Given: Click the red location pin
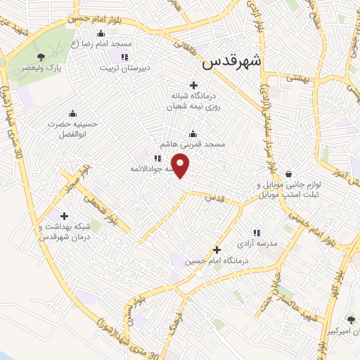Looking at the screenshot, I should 181,167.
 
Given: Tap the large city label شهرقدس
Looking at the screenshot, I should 231,62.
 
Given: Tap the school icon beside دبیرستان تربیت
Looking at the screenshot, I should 124,57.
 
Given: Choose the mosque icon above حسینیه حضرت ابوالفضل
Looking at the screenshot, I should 72,112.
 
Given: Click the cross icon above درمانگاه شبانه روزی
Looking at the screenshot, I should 193,85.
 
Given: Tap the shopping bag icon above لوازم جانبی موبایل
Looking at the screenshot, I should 288,174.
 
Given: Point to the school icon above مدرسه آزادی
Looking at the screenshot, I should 257,232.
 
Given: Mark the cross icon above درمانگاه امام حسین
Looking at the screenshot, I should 217,250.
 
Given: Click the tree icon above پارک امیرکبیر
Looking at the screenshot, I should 351,319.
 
